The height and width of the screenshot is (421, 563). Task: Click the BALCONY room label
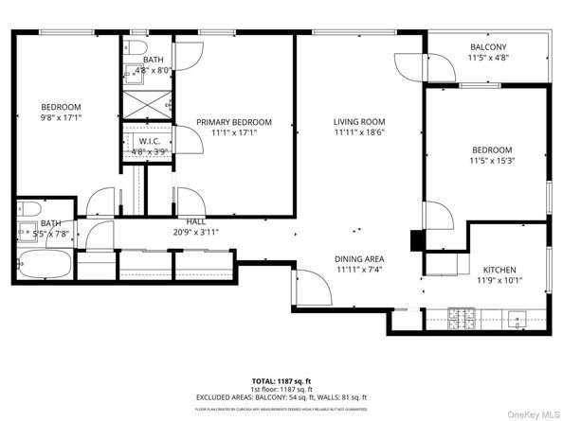(x=489, y=47)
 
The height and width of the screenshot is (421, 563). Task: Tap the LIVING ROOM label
(x=358, y=121)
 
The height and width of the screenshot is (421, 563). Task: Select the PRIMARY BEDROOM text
(x=233, y=122)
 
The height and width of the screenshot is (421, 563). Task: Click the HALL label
(x=195, y=220)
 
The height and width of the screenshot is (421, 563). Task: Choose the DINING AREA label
(x=358, y=259)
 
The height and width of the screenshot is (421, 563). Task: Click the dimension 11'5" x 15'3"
(x=492, y=162)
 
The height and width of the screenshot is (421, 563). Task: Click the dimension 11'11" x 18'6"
(x=358, y=133)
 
